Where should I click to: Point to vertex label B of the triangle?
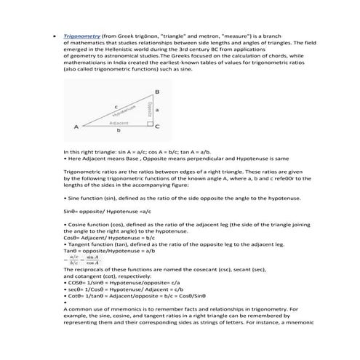tap(158, 92)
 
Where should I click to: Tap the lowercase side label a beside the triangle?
tap(159, 109)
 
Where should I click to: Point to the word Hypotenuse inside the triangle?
tap(125, 112)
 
